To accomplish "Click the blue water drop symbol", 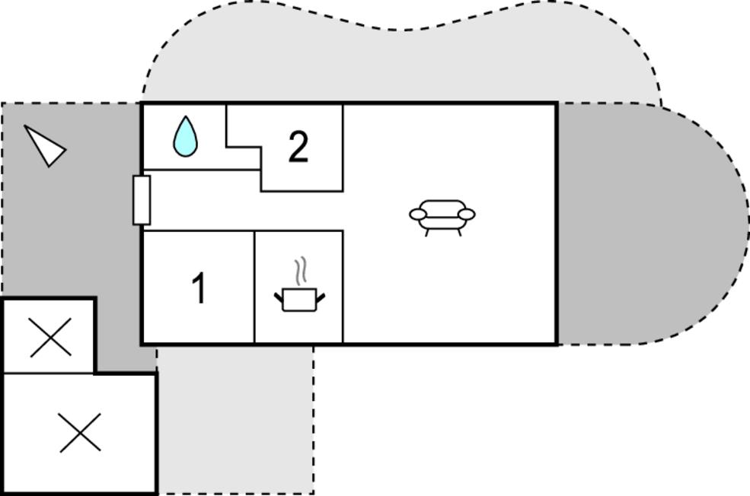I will click(185, 137).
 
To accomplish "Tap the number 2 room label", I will click(298, 147).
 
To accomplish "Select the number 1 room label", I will click(199, 288).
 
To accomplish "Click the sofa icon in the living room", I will click(442, 216).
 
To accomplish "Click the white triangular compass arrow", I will click(46, 145).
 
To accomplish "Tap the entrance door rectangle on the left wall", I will click(142, 200).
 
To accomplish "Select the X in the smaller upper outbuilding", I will click(50, 338).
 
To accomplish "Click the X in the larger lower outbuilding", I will click(80, 433).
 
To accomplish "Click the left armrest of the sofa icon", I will click(417, 215).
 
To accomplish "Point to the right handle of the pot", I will click(321, 297).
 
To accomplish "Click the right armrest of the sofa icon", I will click(467, 215).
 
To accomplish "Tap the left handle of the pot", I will click(279, 297).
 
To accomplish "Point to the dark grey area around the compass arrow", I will click(76, 228).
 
